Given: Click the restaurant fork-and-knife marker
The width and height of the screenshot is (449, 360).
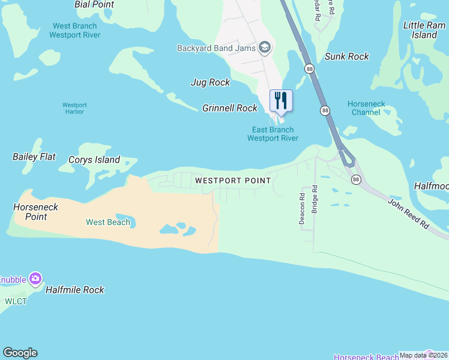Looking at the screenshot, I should tap(280, 100).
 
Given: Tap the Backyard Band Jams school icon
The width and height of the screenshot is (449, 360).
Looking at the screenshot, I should tap(264, 48).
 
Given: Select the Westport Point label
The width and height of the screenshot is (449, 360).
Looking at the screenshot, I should tap(233, 180).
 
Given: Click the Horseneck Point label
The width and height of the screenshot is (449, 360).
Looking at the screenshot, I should tap(36, 212).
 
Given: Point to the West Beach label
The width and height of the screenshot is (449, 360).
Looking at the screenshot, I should tap(108, 222).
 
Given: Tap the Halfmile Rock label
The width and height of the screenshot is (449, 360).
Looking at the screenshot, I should tap(76, 290).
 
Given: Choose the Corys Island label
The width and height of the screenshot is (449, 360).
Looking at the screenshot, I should tap(94, 160).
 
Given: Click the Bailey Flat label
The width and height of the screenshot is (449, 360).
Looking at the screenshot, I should tap(34, 157).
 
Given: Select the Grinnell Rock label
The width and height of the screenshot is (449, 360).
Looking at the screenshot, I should tap(230, 108).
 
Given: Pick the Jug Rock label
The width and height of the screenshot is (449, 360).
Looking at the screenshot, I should tap(210, 82).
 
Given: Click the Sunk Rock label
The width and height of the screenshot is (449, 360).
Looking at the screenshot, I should tap(346, 56).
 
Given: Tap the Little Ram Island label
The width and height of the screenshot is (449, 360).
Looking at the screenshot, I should tap(424, 30).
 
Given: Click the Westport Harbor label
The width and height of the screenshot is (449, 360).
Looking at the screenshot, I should tap(74, 109).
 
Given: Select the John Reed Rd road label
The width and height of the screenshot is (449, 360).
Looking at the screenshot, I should tap(409, 213).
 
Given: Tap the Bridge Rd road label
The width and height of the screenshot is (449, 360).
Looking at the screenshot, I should tap(315, 200).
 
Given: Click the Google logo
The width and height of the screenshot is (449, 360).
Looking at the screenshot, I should tap(20, 353).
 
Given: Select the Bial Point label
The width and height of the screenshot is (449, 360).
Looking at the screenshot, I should tap(94, 4).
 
